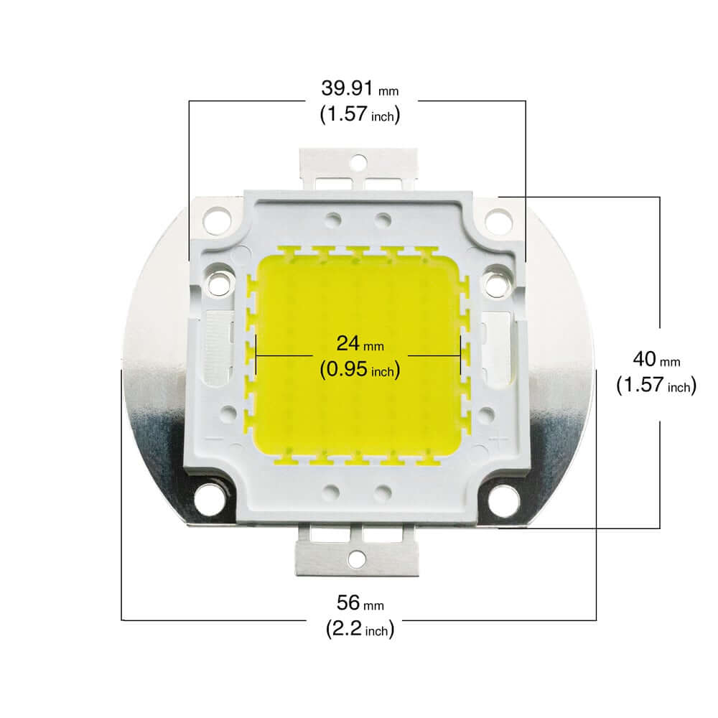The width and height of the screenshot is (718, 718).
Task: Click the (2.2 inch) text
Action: (358, 630)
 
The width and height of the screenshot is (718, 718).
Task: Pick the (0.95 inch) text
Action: (358, 370)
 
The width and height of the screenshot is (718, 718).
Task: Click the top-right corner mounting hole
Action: (498, 216)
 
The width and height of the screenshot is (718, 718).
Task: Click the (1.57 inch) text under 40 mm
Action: (656, 386)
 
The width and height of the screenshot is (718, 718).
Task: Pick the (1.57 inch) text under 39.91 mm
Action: (358, 114)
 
